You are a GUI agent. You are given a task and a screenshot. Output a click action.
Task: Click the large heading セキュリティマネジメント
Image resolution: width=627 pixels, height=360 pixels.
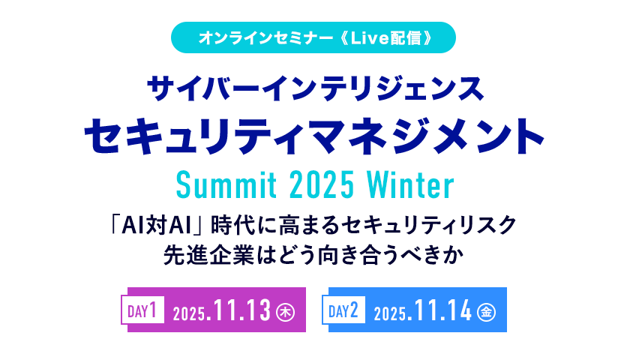point(313,137)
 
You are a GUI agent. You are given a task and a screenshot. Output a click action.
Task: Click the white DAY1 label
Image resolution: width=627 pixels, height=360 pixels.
point(143,310)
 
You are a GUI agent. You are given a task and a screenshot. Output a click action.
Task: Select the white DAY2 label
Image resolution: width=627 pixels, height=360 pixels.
point(343,310)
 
